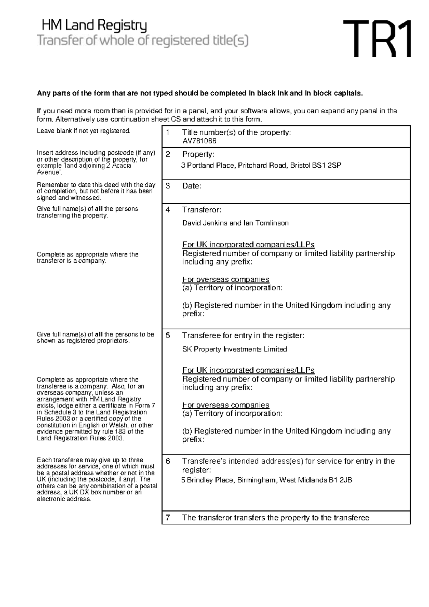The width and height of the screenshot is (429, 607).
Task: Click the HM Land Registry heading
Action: (x=94, y=26)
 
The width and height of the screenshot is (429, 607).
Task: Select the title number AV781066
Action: (x=199, y=141)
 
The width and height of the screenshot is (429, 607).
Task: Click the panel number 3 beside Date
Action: (x=168, y=186)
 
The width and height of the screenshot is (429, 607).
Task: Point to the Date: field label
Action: (x=192, y=186)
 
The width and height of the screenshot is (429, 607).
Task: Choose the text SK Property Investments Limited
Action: (x=235, y=349)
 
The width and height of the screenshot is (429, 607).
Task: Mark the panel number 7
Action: (x=168, y=518)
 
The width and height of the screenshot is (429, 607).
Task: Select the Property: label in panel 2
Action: (x=198, y=154)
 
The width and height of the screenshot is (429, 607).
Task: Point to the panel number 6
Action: (x=168, y=461)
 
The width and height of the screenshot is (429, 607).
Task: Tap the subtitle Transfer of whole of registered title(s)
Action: (x=143, y=41)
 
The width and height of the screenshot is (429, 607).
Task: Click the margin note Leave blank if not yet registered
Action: (x=84, y=131)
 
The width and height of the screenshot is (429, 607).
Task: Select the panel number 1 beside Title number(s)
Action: (x=168, y=133)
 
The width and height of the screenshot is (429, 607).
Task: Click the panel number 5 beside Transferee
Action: (x=168, y=335)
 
